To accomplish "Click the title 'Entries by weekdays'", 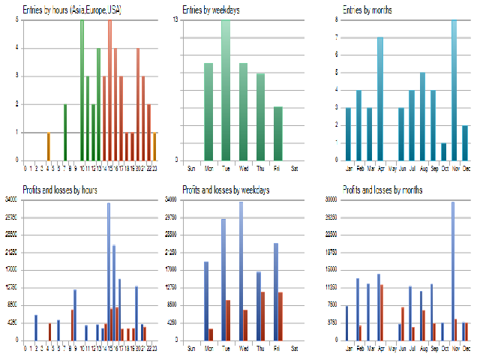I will [x=209, y=10].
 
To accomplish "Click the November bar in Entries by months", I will [x=454, y=90].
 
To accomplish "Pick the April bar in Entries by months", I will [x=380, y=98].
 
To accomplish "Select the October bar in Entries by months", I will [x=443, y=151].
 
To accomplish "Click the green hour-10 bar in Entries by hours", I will [x=82, y=90].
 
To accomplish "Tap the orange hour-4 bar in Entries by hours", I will [x=48, y=145].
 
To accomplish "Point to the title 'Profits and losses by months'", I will [x=382, y=190].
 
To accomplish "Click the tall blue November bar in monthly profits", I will [x=452, y=271].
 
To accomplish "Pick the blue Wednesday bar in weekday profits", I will [x=241, y=271].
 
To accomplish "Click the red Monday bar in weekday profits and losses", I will [x=211, y=334].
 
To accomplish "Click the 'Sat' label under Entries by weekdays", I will [x=295, y=167].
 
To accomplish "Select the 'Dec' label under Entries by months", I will [x=465, y=167].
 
